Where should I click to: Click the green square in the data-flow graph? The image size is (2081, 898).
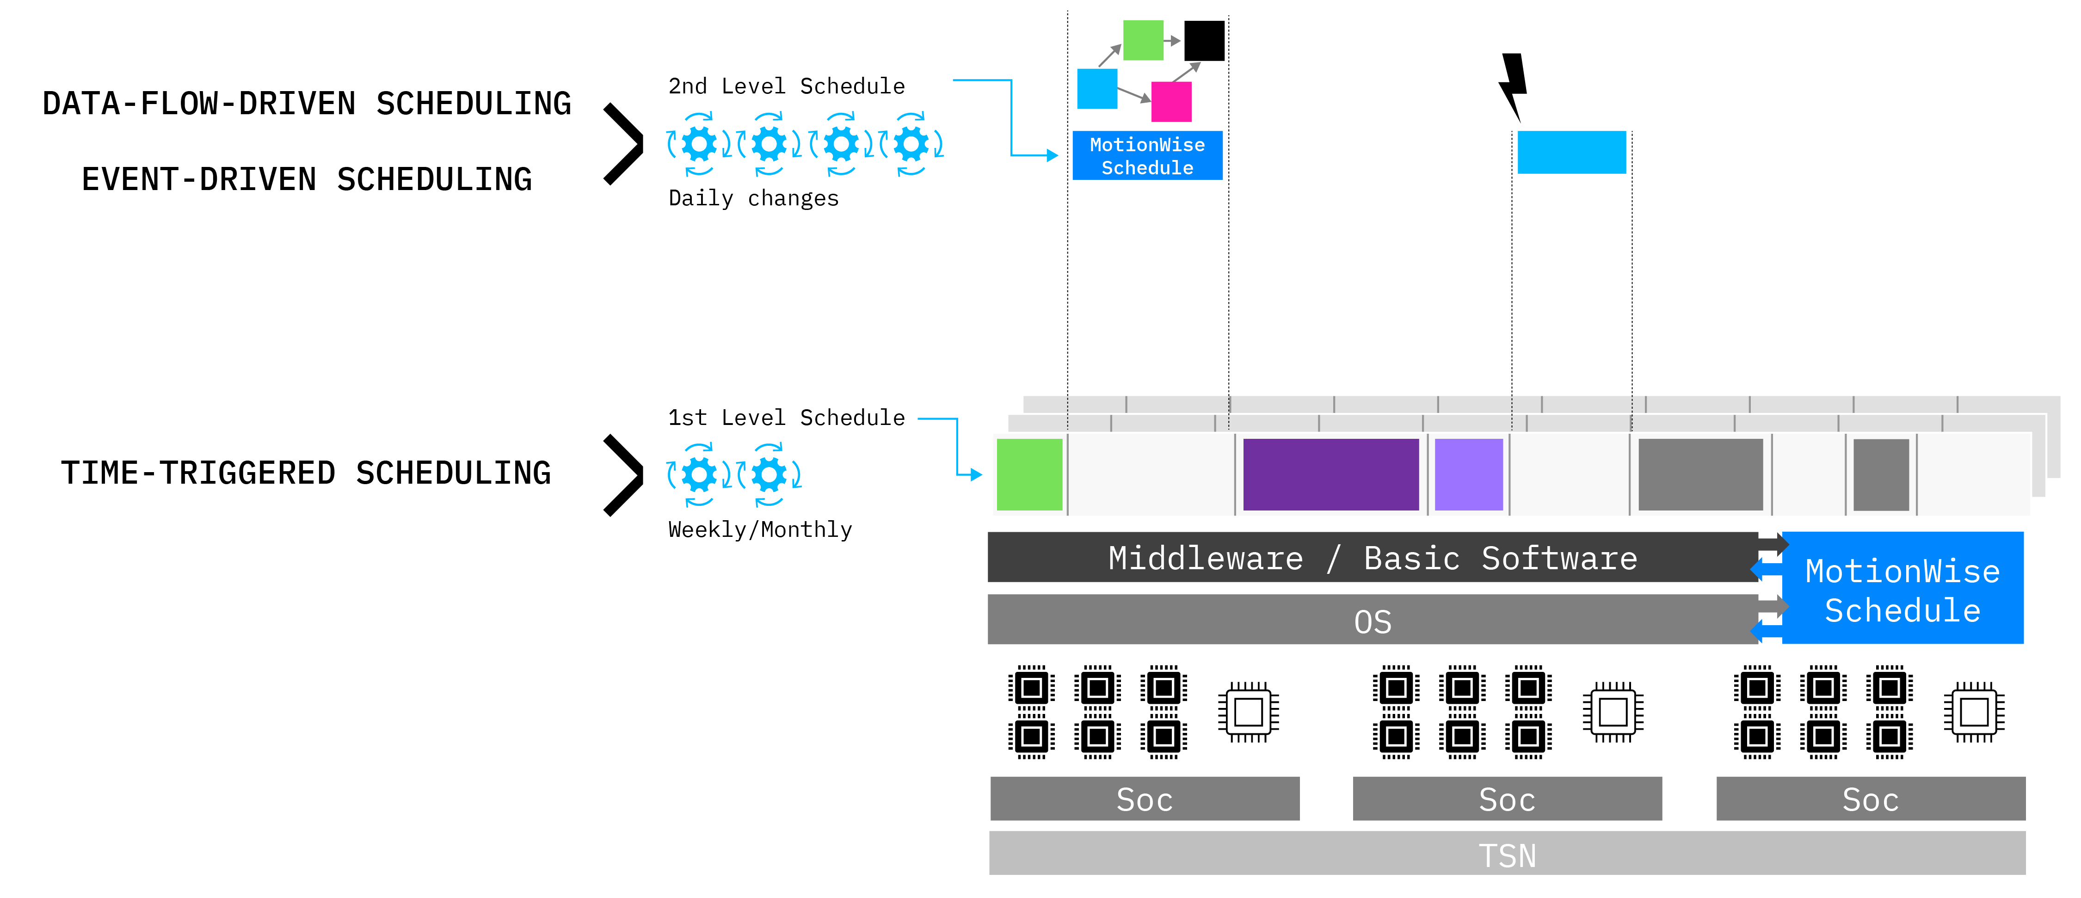[1142, 40]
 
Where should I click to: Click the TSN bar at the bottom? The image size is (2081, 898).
[1507, 855]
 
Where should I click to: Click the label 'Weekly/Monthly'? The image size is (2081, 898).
[759, 530]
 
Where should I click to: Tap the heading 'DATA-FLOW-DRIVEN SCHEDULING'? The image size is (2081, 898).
[307, 104]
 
